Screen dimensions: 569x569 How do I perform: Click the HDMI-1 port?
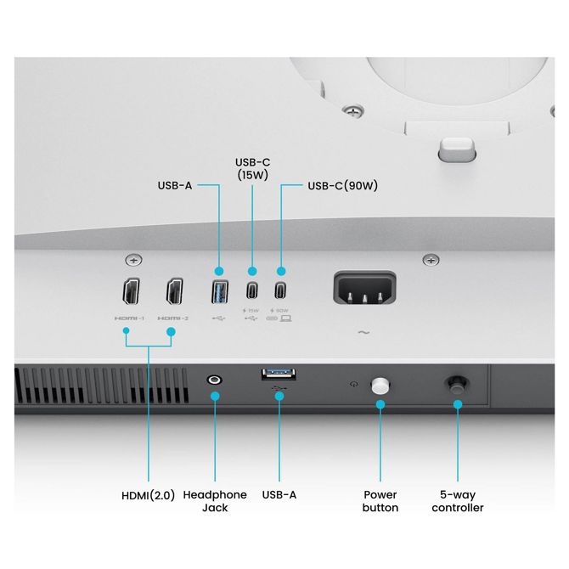pyautogui.click(x=131, y=291)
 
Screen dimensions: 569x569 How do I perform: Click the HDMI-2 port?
pyautogui.click(x=175, y=291)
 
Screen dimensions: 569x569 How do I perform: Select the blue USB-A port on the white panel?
pyautogui.click(x=220, y=291)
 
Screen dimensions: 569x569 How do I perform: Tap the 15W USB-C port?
pyautogui.click(x=252, y=290)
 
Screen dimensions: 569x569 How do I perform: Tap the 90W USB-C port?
pyautogui.click(x=280, y=290)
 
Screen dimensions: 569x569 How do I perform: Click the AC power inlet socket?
pyautogui.click(x=364, y=288)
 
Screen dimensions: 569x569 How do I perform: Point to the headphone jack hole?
pyautogui.click(x=214, y=380)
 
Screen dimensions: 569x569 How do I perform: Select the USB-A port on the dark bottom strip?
pyautogui.click(x=279, y=375)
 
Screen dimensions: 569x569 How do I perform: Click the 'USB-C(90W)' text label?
pyautogui.click(x=342, y=185)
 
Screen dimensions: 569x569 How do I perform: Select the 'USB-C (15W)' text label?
pyautogui.click(x=252, y=169)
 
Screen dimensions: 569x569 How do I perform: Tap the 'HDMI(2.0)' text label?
pyautogui.click(x=148, y=495)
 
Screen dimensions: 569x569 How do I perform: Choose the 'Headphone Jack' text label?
pyautogui.click(x=215, y=501)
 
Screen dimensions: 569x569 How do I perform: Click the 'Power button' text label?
pyautogui.click(x=380, y=501)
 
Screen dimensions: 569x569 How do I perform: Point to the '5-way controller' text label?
pyautogui.click(x=458, y=501)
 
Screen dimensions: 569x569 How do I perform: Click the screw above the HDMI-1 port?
pyautogui.click(x=134, y=260)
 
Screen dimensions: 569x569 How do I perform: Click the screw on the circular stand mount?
pyautogui.click(x=353, y=110)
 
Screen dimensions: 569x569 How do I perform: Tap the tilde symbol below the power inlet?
pyautogui.click(x=364, y=332)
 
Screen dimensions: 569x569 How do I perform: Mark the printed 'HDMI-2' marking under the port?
pyautogui.click(x=173, y=318)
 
